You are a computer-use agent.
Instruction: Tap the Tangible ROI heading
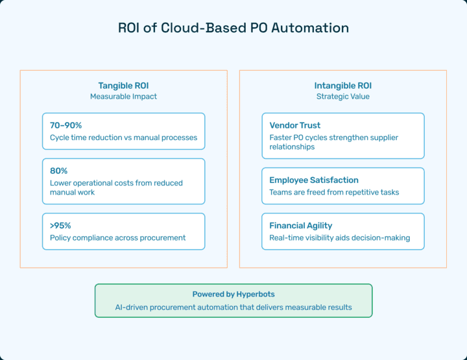pos(123,86)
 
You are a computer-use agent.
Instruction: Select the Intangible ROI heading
pos(342,86)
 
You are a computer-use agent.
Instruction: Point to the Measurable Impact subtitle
pos(123,97)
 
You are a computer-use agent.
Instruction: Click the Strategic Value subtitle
pos(342,97)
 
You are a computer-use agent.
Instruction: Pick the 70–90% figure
pos(66,125)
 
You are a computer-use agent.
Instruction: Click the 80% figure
pos(59,171)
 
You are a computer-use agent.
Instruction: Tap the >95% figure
pos(60,226)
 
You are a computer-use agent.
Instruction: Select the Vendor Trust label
pos(295,125)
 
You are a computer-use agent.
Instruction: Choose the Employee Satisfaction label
pos(314,180)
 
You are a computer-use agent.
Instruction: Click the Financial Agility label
pos(301,226)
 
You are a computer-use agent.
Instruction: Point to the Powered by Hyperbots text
pos(233,294)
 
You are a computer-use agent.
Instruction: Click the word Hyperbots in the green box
pos(256,294)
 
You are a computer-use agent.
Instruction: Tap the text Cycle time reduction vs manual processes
pos(123,138)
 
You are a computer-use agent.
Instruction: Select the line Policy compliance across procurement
pos(118,238)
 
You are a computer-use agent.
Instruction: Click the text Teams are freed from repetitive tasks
pos(334,193)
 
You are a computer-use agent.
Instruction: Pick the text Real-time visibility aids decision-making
pos(339,238)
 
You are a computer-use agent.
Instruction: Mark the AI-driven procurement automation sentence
pos(233,307)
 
